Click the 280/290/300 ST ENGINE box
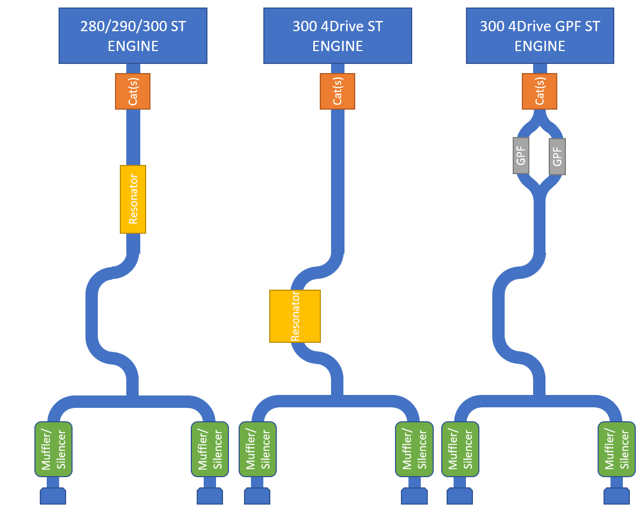(x=133, y=35)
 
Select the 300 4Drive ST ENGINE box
(x=338, y=35)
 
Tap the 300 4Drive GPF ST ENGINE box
(x=540, y=35)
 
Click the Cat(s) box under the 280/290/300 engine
(x=133, y=91)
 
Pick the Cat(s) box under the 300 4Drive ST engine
(x=338, y=91)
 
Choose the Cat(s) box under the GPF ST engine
(x=540, y=91)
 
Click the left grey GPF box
(x=521, y=156)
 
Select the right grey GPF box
(x=557, y=156)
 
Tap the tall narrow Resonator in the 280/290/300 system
(x=133, y=199)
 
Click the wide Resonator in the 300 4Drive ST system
(x=295, y=316)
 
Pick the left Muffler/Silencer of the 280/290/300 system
(x=54, y=449)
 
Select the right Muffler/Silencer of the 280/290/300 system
(x=210, y=449)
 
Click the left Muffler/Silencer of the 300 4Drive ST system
(x=257, y=449)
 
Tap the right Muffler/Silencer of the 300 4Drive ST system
(x=414, y=449)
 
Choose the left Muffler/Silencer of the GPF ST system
(x=460, y=449)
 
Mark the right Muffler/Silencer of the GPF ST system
(x=616, y=449)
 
